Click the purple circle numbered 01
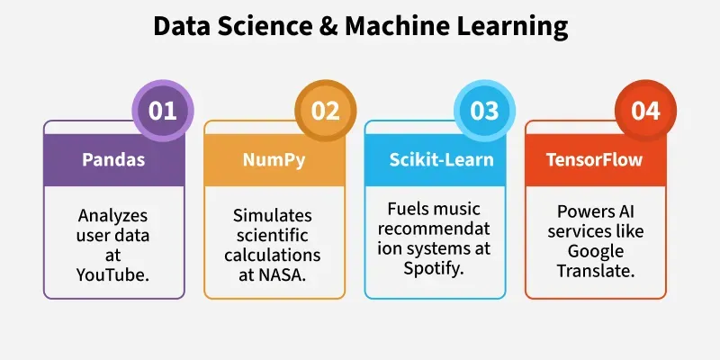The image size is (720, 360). pyautogui.click(x=163, y=111)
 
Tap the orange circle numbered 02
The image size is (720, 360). pyautogui.click(x=325, y=111)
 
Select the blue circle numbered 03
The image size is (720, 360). pyautogui.click(x=484, y=111)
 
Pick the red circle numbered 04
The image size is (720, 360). pyautogui.click(x=645, y=111)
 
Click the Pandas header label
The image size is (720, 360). pyautogui.click(x=113, y=159)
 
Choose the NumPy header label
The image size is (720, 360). pyautogui.click(x=274, y=160)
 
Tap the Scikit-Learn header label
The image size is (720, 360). pyautogui.click(x=441, y=159)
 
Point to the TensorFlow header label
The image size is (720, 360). pyautogui.click(x=594, y=159)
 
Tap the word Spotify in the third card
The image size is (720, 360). pyautogui.click(x=432, y=268)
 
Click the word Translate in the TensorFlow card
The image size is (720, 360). pyautogui.click(x=596, y=271)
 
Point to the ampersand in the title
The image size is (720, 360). pyautogui.click(x=328, y=27)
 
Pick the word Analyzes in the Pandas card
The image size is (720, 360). pyautogui.click(x=113, y=216)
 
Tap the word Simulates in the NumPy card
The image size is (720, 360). pyautogui.click(x=273, y=215)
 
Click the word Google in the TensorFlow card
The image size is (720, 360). pyautogui.click(x=596, y=252)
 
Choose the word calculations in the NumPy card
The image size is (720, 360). pyautogui.click(x=273, y=255)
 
